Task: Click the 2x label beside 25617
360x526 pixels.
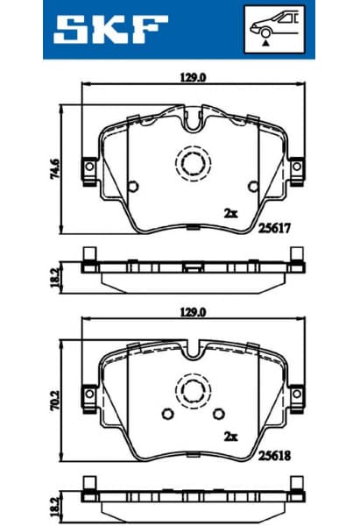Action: tap(230, 213)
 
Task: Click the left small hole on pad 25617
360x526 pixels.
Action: tap(132, 185)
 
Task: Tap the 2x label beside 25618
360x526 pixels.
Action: tap(230, 436)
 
